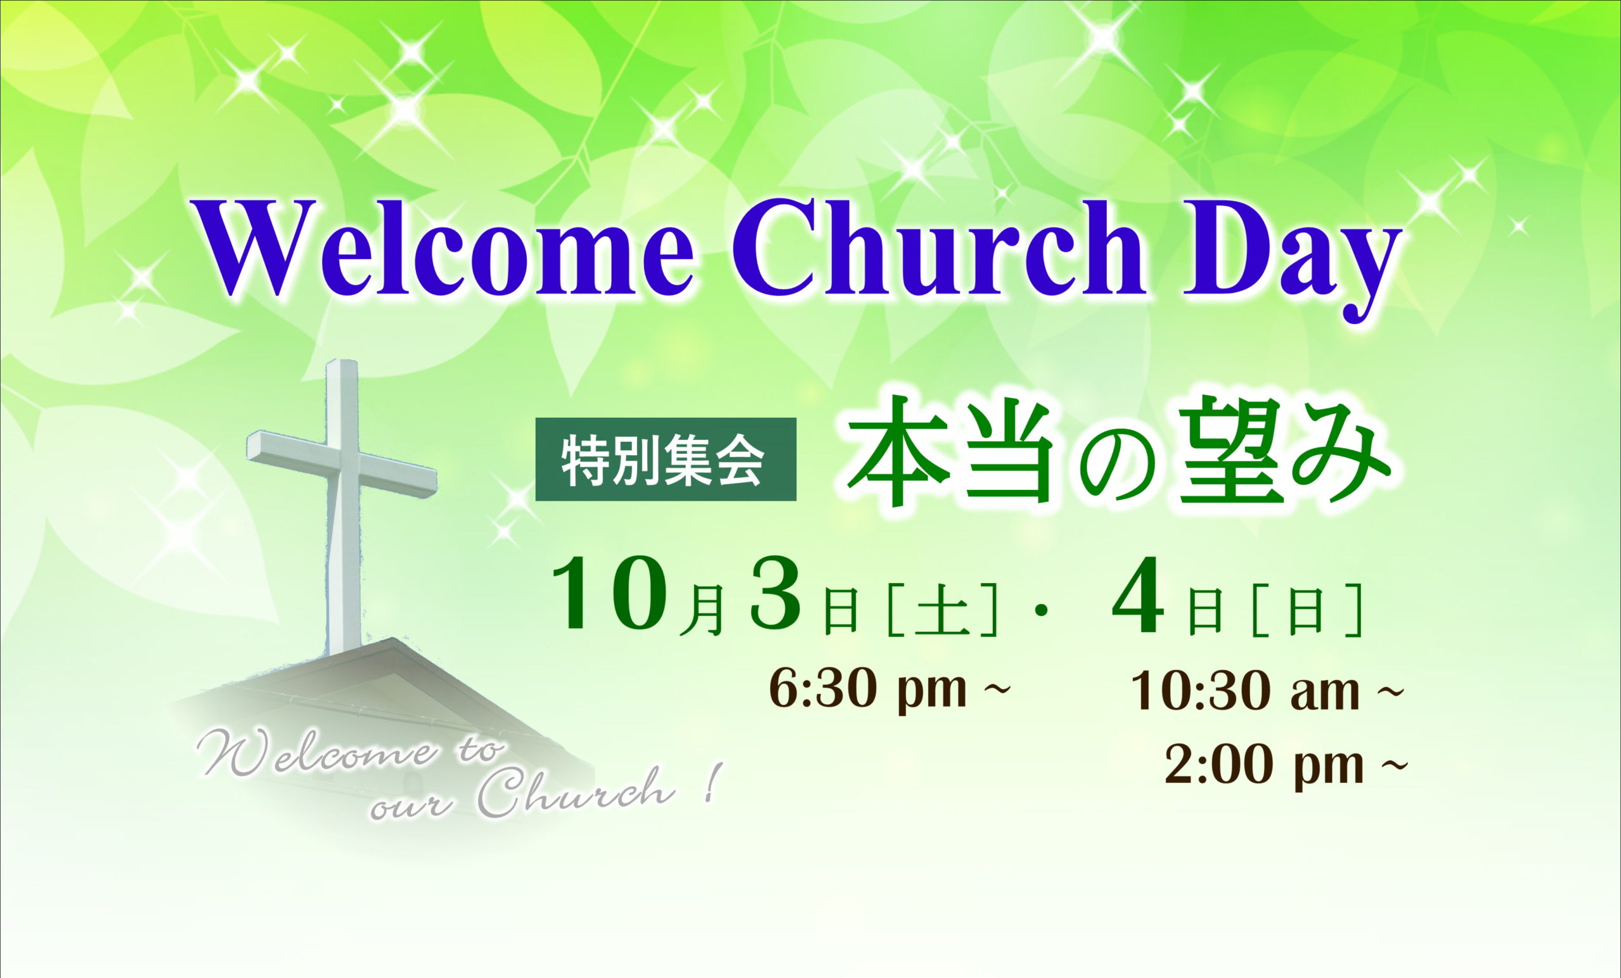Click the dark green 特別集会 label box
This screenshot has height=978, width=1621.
click(665, 459)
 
